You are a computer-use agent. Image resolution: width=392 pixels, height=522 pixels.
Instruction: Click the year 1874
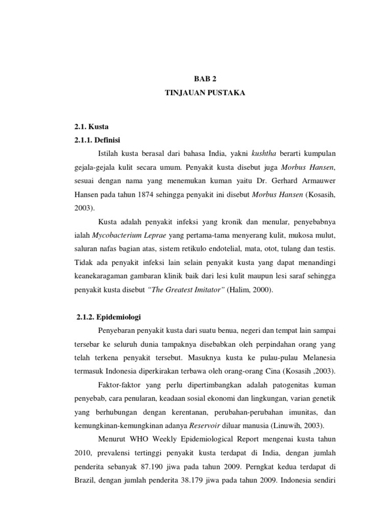coord(151,196)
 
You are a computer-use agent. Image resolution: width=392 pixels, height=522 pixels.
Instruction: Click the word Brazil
coord(86,480)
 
